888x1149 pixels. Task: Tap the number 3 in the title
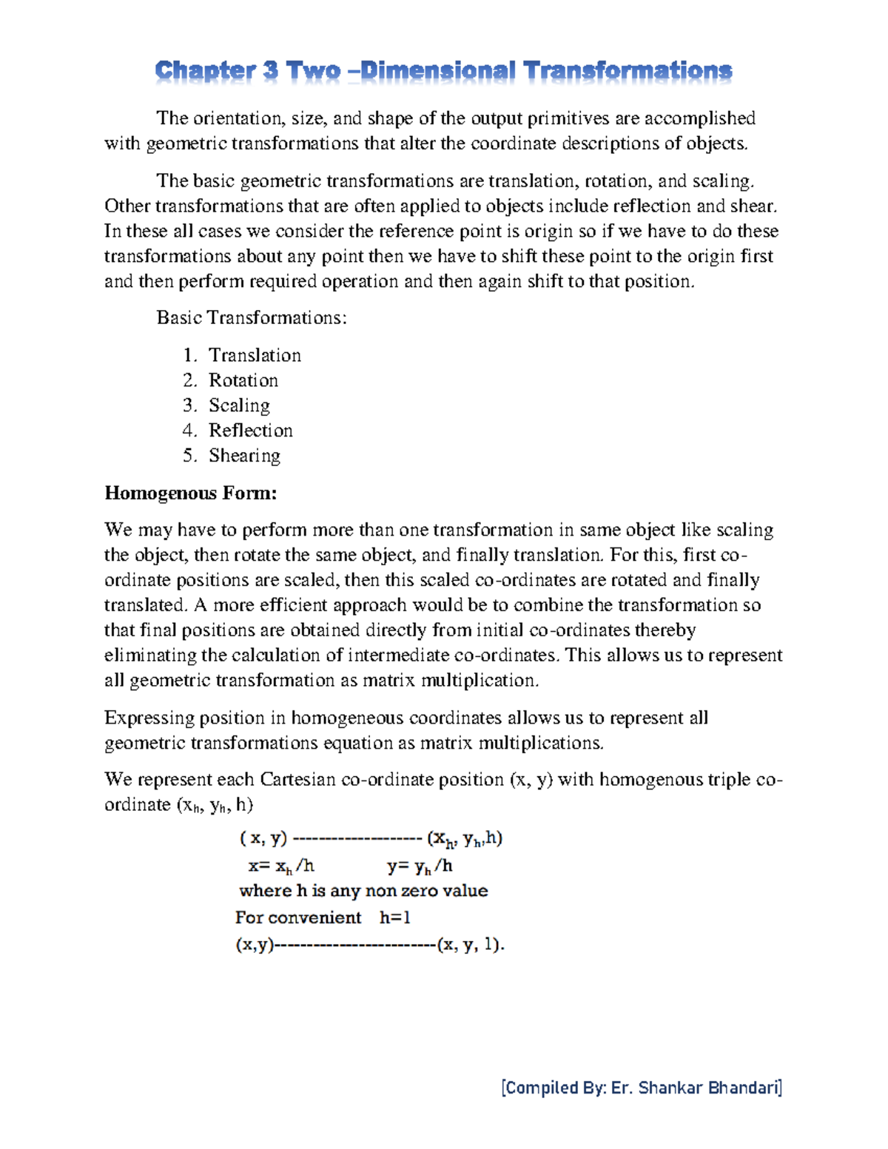[x=270, y=72]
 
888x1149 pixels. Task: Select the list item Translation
[x=255, y=355]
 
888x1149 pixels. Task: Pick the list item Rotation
[x=243, y=380]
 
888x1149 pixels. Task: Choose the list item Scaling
[x=239, y=405]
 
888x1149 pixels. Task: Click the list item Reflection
[x=250, y=431]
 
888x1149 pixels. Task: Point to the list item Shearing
[x=244, y=456]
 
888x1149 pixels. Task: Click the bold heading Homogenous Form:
[x=190, y=493]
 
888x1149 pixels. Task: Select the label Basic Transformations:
[x=252, y=318]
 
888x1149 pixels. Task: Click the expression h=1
[x=395, y=917]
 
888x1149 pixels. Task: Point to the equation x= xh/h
[x=281, y=866]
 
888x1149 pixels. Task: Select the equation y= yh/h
[x=420, y=866]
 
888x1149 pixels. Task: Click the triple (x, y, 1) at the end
[x=470, y=945]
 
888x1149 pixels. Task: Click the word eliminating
[x=150, y=656]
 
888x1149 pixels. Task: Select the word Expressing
[x=149, y=718]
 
